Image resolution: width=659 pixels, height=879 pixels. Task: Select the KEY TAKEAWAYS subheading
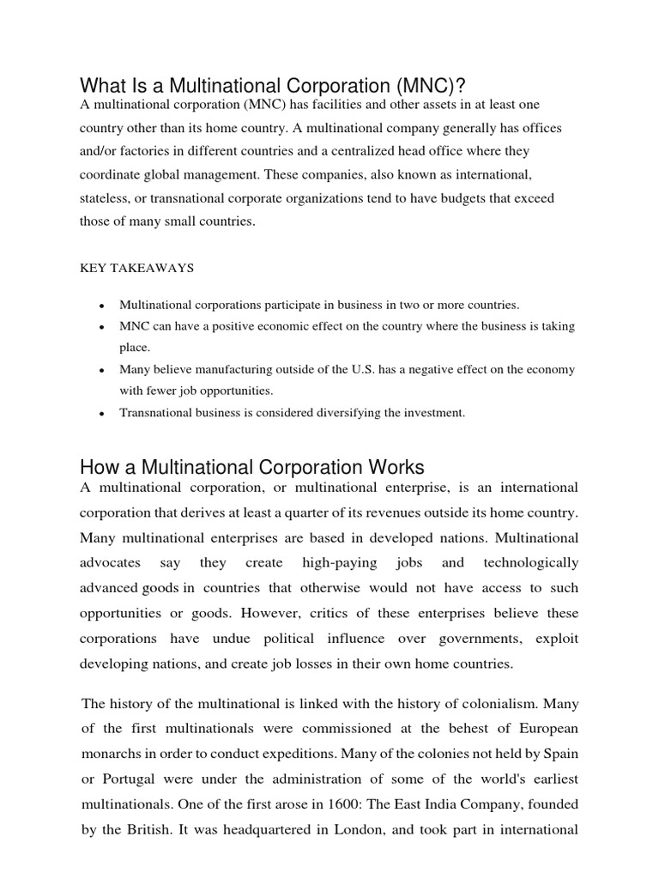137,268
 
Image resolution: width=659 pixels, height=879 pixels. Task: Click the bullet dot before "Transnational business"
103,414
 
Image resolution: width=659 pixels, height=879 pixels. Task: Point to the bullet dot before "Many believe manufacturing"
103,371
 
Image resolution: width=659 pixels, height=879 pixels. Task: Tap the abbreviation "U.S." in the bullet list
358,369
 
